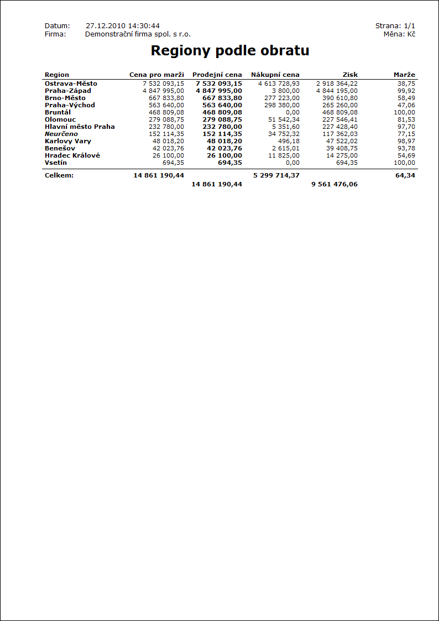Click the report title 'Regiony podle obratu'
pyautogui.click(x=229, y=51)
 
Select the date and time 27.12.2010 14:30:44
pyautogui.click(x=123, y=26)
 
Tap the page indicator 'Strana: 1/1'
pyautogui.click(x=395, y=26)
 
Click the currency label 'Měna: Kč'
pyautogui.click(x=399, y=34)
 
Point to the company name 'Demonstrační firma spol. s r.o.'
pyautogui.click(x=138, y=34)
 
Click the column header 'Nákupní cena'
pyautogui.click(x=275, y=75)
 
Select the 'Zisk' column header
pyautogui.click(x=350, y=75)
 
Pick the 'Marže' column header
pyautogui.click(x=404, y=75)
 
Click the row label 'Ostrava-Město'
pyautogui.click(x=71, y=84)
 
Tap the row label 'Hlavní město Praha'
pyautogui.click(x=80, y=127)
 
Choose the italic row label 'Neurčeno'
pyautogui.click(x=61, y=134)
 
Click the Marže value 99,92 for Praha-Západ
pyautogui.click(x=406, y=91)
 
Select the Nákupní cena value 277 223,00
pyautogui.click(x=282, y=98)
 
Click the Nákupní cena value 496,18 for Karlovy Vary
pyautogui.click(x=289, y=141)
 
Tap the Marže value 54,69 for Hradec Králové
pyautogui.click(x=406, y=155)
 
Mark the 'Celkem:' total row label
pyautogui.click(x=59, y=175)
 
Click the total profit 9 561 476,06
pyautogui.click(x=334, y=184)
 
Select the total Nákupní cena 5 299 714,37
pyautogui.click(x=276, y=175)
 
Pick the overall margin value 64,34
pyautogui.click(x=405, y=175)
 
